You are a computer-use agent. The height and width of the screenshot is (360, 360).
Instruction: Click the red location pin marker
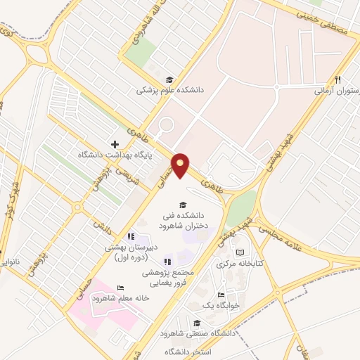pos(181,164)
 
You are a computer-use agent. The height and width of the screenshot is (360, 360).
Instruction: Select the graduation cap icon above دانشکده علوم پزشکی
pos(169,79)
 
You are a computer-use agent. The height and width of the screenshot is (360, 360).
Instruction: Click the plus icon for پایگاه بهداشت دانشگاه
pos(115,143)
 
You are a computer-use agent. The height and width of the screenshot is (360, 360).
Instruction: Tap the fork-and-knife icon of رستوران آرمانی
pos(338,79)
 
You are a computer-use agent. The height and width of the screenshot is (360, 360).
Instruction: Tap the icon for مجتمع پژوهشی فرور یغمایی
pos(167,262)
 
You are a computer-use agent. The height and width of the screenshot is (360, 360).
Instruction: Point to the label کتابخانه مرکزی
pos(240,264)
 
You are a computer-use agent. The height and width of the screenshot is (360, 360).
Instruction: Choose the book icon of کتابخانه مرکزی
pos(240,252)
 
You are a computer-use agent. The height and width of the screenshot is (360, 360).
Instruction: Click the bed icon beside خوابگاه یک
pos(221,295)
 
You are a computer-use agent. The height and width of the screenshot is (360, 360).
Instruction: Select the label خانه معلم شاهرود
pos(124,298)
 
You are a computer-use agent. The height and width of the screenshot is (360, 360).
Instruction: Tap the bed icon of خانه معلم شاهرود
pos(120,288)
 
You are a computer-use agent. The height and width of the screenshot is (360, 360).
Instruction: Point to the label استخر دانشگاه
pos(190,351)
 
